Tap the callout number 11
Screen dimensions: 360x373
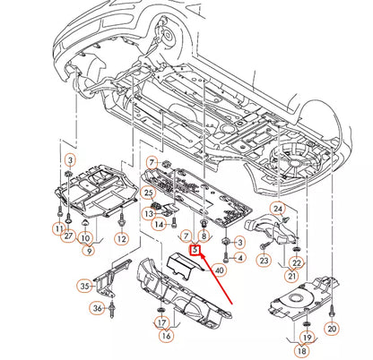(x=58, y=229)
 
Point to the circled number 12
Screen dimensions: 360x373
(x=122, y=239)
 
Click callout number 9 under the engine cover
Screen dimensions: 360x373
(x=89, y=252)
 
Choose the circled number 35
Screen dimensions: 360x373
(x=84, y=287)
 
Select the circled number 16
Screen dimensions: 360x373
(x=166, y=335)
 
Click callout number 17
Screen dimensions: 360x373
(x=161, y=322)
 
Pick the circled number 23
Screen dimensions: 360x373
(x=264, y=260)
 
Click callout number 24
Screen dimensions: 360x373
(x=278, y=209)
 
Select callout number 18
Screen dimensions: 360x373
(x=301, y=352)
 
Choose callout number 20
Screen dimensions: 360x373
(x=332, y=330)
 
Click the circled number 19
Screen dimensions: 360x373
(x=306, y=338)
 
